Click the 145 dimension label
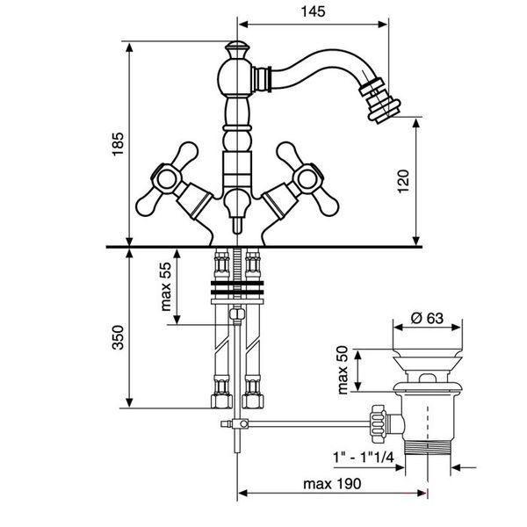point(314,11)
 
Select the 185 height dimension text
point(118,144)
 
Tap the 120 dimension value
point(403,182)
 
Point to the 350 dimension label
point(118,337)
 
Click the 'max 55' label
point(166,286)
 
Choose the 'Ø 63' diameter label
point(427,318)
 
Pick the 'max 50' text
point(343,370)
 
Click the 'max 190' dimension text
point(332,484)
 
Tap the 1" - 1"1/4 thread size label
point(363,458)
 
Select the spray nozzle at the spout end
point(379,99)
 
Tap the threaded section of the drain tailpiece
point(427,448)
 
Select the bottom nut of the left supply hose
point(221,401)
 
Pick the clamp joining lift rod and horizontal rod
point(241,424)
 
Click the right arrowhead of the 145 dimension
point(383,25)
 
